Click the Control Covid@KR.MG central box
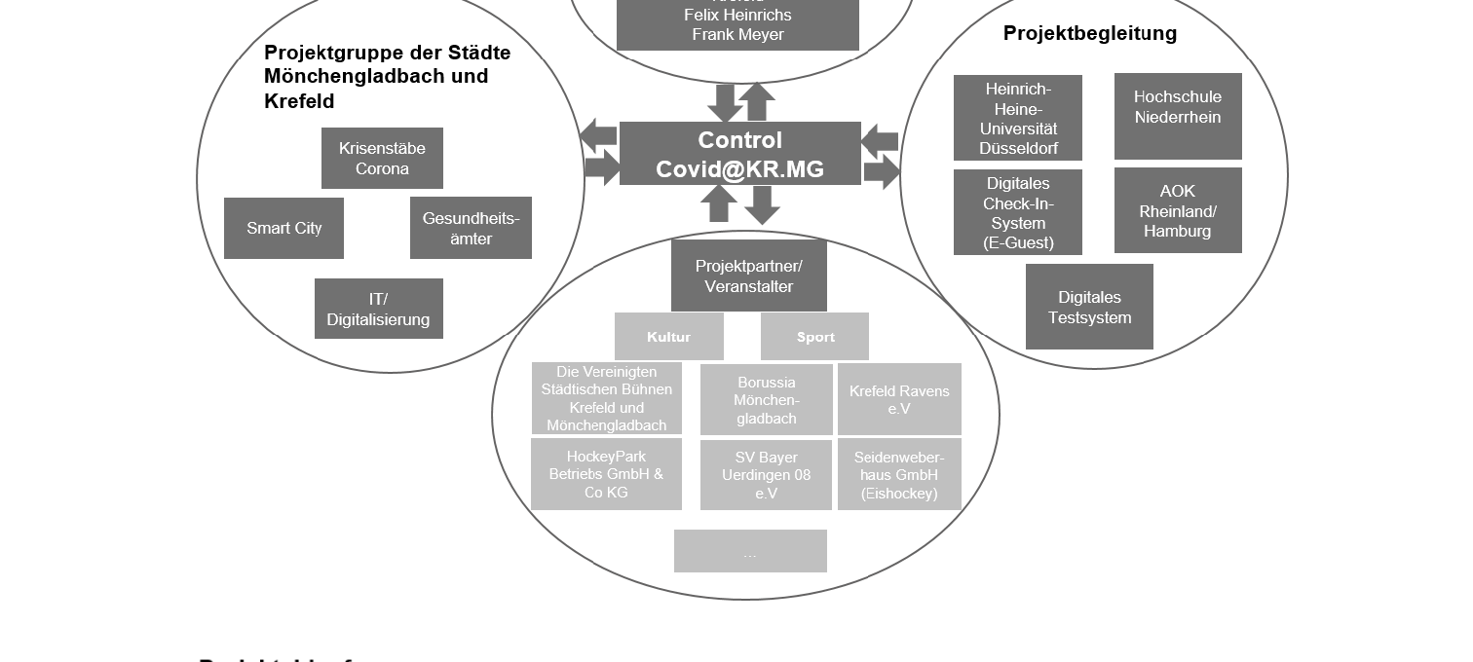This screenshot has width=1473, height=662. (739, 154)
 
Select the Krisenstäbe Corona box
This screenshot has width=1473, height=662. (382, 158)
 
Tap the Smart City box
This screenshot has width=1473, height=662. (283, 229)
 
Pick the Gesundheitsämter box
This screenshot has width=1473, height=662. (471, 228)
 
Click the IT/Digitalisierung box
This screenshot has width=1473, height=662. (378, 309)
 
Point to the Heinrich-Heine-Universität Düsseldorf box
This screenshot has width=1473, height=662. (1018, 118)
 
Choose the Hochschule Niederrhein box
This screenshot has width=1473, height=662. (1178, 116)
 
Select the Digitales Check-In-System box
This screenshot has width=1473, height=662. (1018, 212)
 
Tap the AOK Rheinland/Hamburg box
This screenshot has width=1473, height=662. (1178, 210)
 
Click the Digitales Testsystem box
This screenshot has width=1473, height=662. (1089, 307)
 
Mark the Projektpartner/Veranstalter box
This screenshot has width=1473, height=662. (748, 276)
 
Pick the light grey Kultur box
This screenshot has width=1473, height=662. (668, 337)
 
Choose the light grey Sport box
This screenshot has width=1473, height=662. (814, 337)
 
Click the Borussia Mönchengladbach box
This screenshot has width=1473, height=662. (766, 399)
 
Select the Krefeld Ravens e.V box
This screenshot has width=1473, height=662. (899, 399)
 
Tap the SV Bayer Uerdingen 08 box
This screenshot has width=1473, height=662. (766, 475)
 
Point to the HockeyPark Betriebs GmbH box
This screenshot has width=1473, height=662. (606, 474)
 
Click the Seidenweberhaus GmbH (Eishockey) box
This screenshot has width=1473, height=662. (899, 475)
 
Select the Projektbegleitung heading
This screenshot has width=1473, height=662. (1089, 34)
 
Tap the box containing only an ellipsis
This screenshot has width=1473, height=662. (750, 551)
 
